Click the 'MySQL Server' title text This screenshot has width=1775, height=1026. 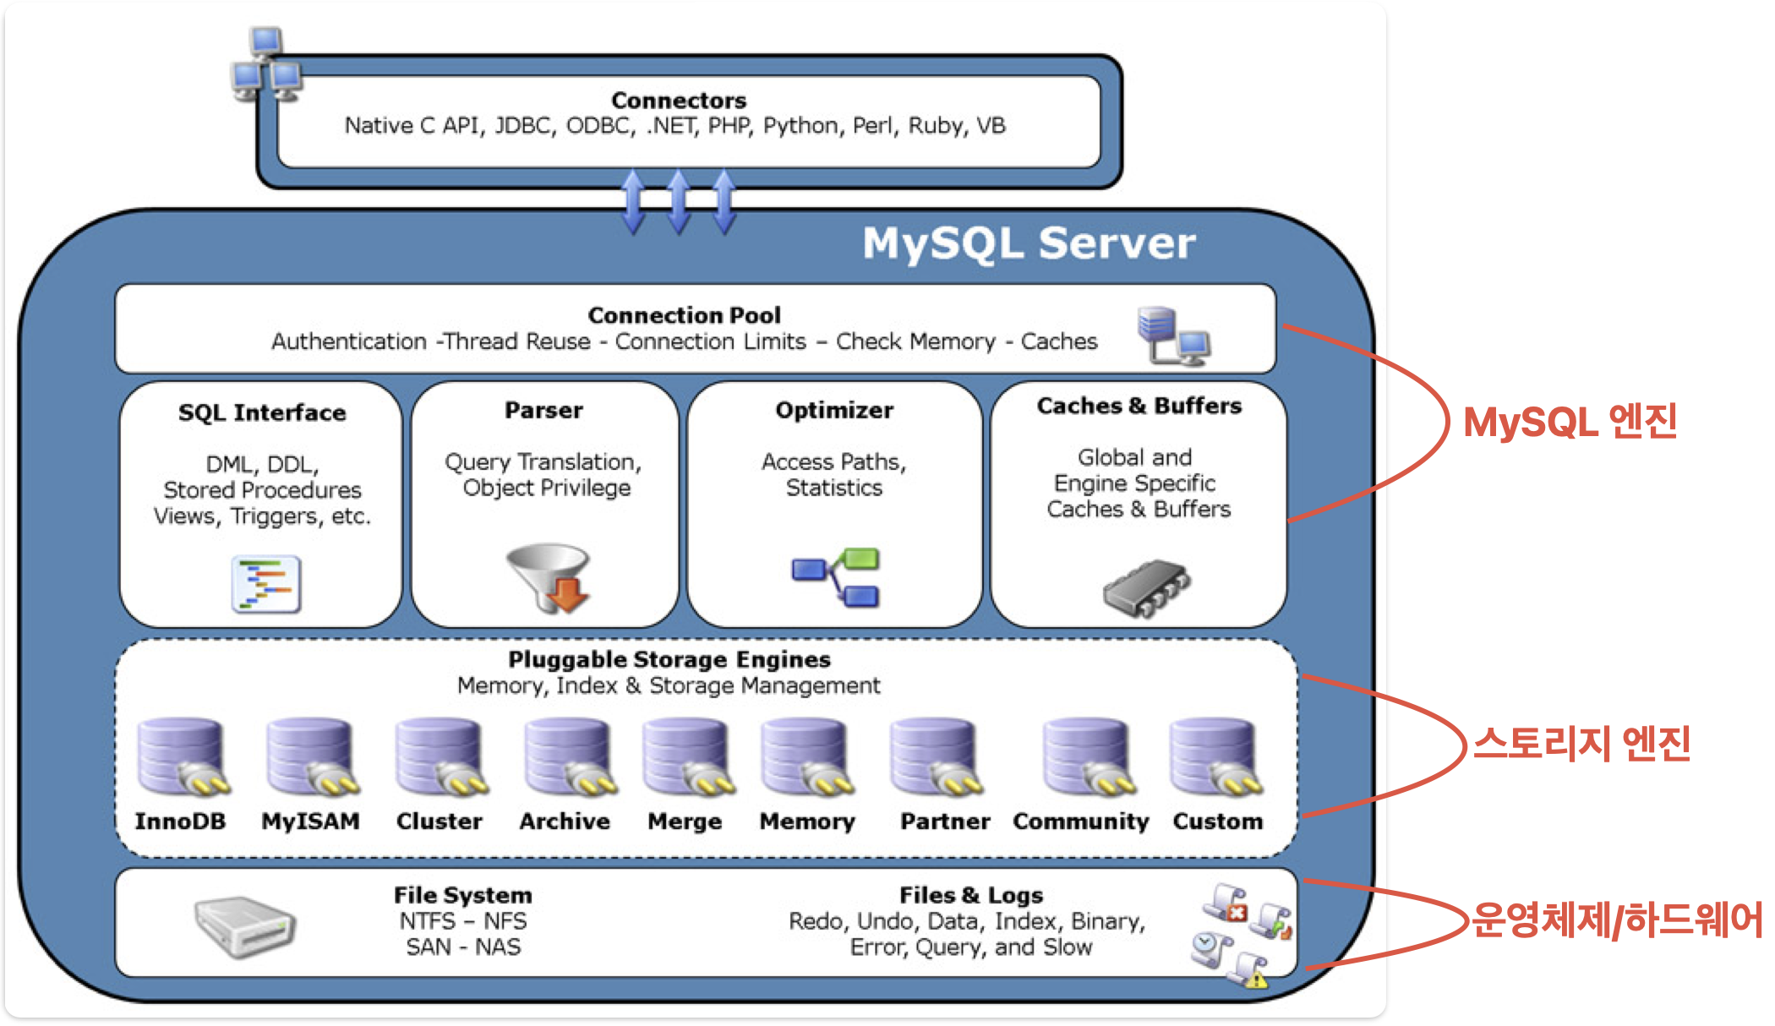point(1029,243)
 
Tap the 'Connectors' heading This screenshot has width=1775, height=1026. point(679,101)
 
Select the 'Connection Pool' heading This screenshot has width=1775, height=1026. point(684,315)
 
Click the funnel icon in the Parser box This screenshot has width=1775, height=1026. point(549,577)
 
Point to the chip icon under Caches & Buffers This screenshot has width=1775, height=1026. point(1146,587)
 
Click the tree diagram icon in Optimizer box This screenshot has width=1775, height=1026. point(835,577)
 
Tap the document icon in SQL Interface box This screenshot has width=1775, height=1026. point(266,584)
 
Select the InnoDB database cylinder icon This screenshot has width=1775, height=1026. point(183,757)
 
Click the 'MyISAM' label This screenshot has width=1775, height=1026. point(310,821)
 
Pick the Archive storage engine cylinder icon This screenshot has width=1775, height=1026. point(569,757)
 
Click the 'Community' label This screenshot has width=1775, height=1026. point(1081,821)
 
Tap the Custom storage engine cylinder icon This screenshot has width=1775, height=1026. point(1215,757)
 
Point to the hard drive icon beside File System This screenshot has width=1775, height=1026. point(244,926)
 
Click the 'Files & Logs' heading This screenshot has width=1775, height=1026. point(971,895)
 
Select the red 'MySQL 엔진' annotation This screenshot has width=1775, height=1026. point(1570,422)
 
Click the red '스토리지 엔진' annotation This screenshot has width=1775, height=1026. point(1581,744)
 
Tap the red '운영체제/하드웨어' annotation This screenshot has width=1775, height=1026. point(1617,920)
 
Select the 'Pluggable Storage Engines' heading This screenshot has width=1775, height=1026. point(669,659)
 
